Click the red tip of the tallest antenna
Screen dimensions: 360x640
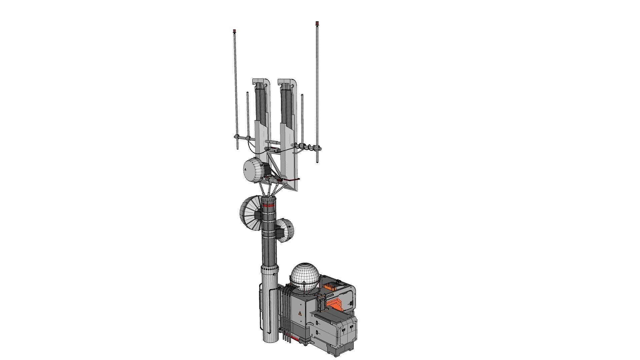pyautogui.click(x=317, y=23)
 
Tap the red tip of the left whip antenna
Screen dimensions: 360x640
pyautogui.click(x=234, y=31)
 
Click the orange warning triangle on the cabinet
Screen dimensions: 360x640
pyautogui.click(x=299, y=313)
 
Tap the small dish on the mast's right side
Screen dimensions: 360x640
pyautogui.click(x=286, y=230)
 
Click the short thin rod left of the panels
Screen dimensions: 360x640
pyautogui.click(x=248, y=113)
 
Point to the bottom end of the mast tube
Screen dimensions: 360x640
pyautogui.click(x=269, y=341)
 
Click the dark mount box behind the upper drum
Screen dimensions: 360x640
pyautogui.click(x=266, y=170)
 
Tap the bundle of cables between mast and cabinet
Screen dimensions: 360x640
pyautogui.click(x=285, y=310)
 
